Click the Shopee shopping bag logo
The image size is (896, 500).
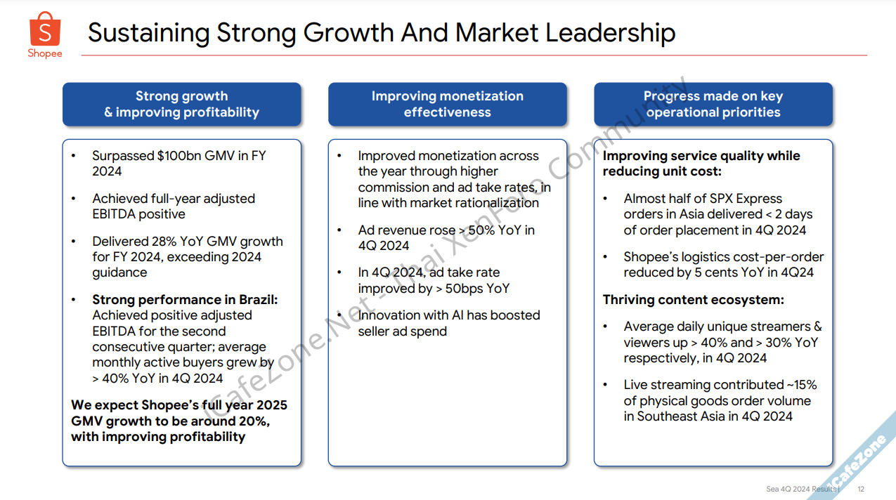pos(45,29)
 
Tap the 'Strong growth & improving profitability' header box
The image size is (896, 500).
pos(181,104)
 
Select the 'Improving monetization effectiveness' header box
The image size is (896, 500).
pos(447,104)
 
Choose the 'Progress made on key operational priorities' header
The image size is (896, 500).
pos(713,104)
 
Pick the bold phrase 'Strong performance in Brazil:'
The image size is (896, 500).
pos(185,300)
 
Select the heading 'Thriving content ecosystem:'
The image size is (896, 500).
pos(693,300)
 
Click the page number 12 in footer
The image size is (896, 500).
pos(861,489)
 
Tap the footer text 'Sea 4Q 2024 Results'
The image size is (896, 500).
pos(800,489)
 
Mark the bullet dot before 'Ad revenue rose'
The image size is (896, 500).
pos(340,230)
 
